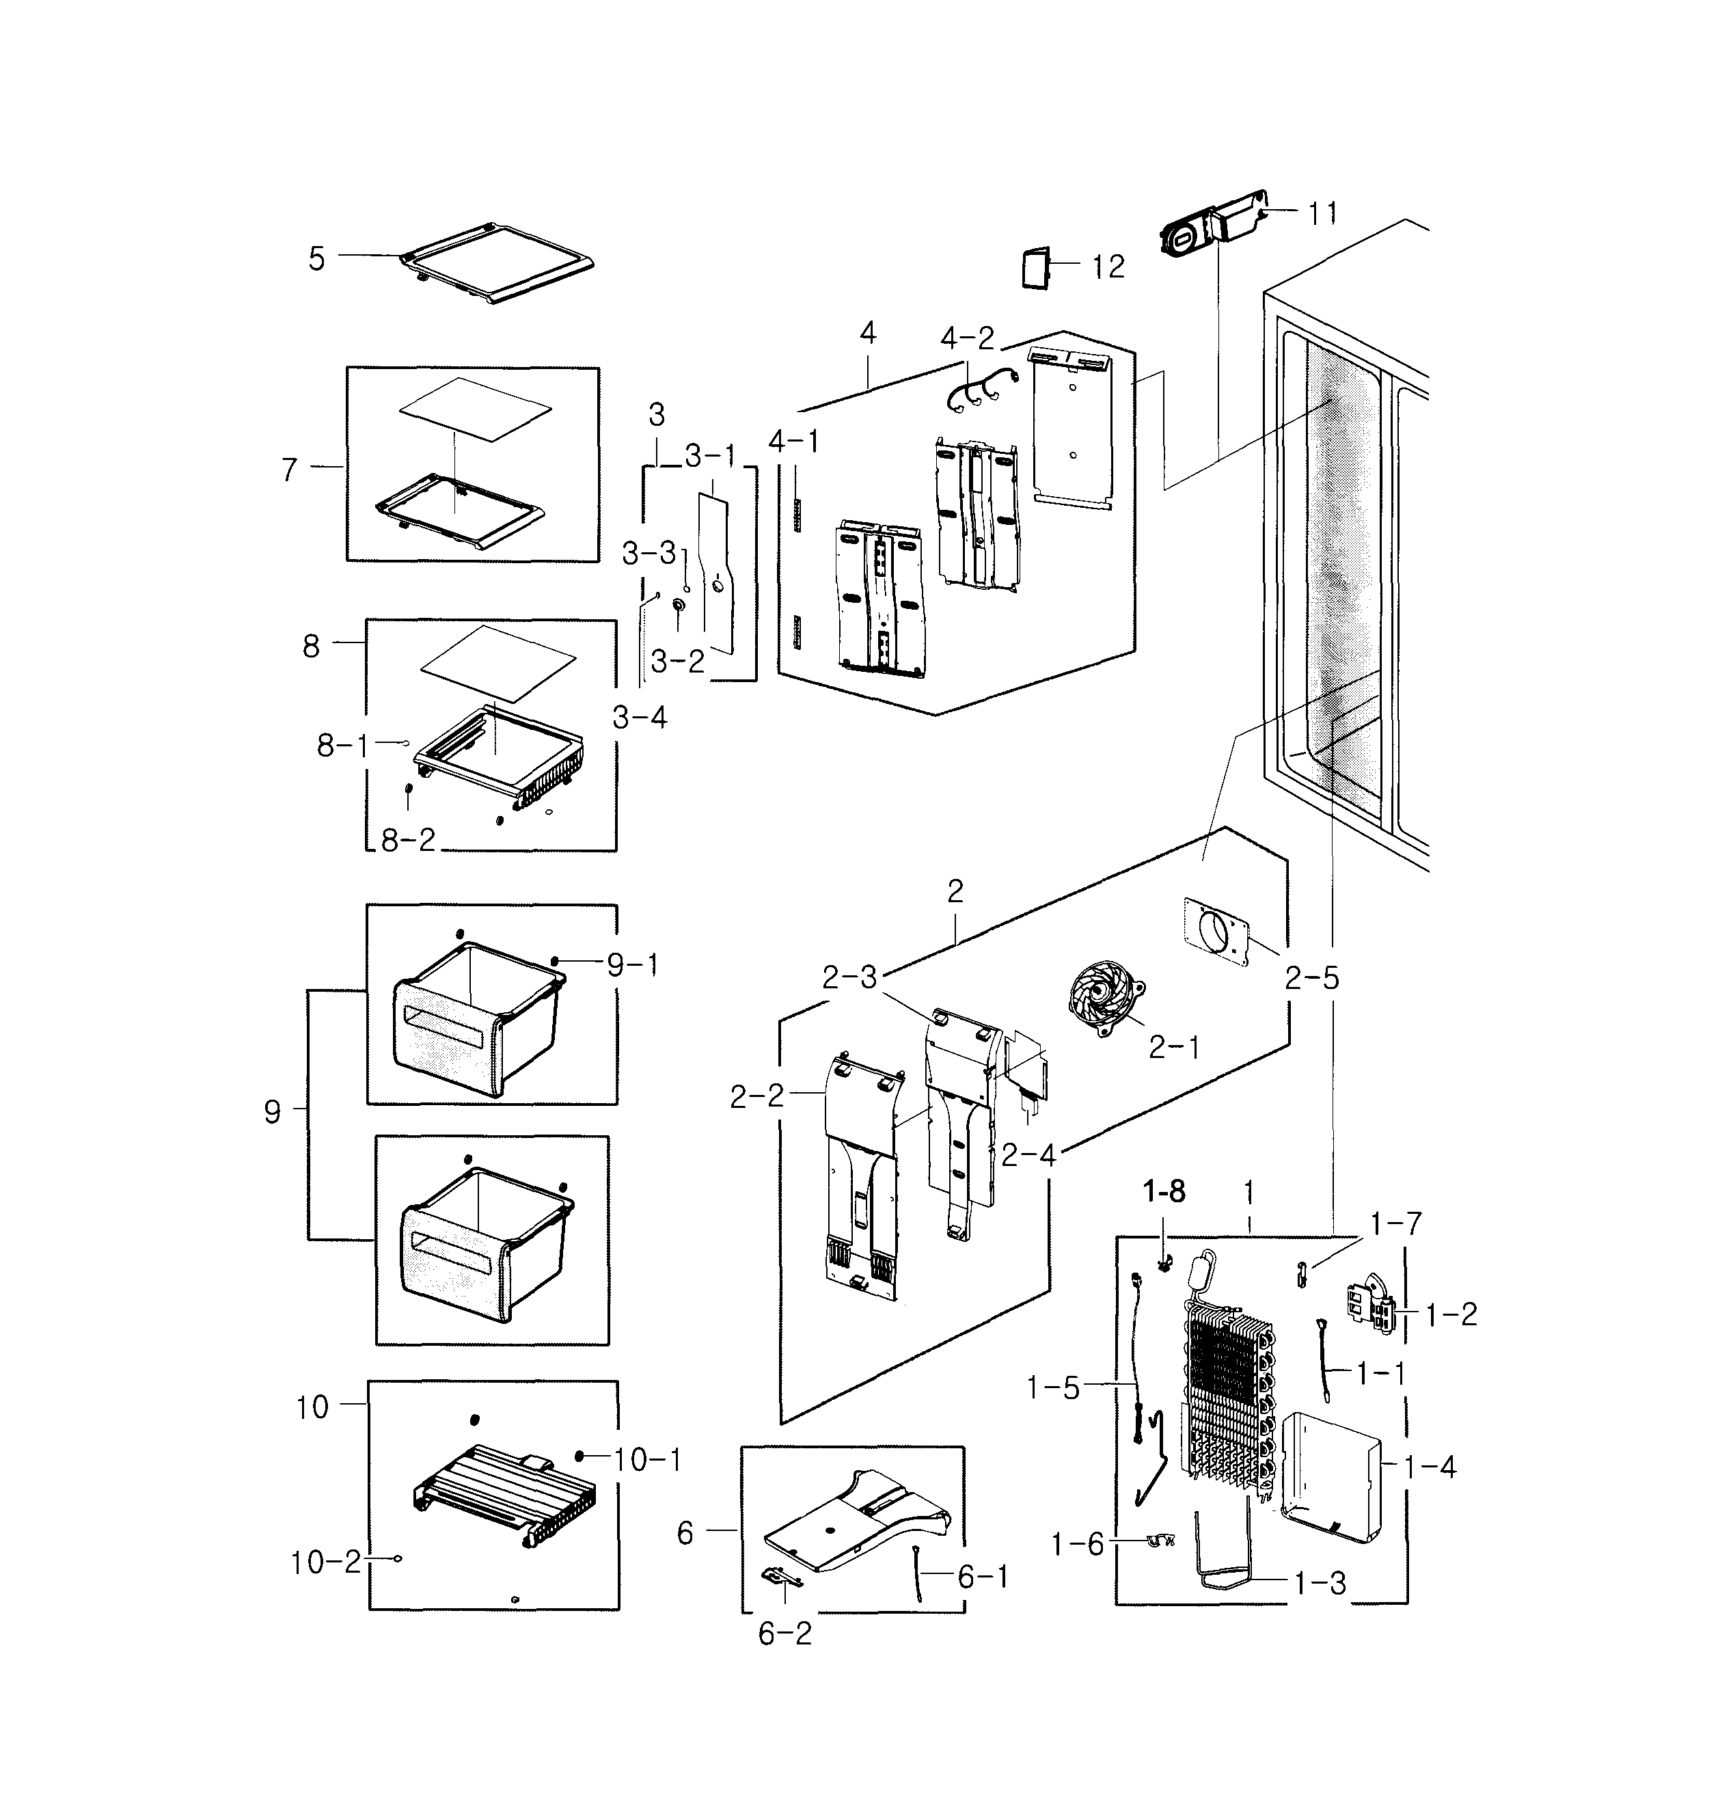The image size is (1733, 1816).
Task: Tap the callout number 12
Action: (1108, 267)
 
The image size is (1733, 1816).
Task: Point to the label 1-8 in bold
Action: (1163, 1193)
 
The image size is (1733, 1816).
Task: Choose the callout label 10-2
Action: (325, 1562)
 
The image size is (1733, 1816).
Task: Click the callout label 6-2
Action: (784, 1633)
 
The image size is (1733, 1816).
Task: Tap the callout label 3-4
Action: (639, 717)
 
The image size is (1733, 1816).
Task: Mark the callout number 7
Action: (290, 470)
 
